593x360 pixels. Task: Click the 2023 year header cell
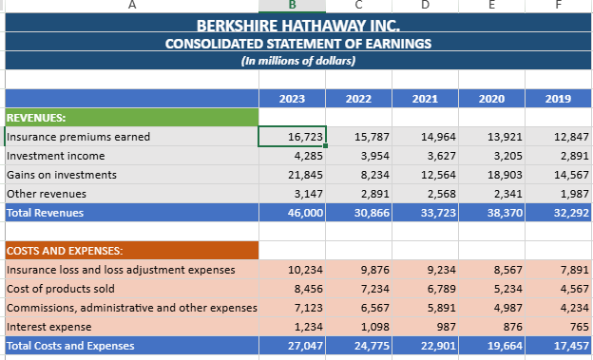[292, 99]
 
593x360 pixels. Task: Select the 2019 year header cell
[558, 99]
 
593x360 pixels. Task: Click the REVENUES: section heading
[36, 118]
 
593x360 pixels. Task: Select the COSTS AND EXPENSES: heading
[65, 251]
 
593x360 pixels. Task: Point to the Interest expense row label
[48, 327]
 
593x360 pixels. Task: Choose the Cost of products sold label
[61, 289]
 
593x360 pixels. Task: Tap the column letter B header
[292, 5]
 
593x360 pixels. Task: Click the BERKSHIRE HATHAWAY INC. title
[298, 26]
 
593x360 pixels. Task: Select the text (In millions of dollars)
[298, 61]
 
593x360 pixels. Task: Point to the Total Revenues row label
[45, 213]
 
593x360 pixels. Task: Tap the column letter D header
[425, 5]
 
